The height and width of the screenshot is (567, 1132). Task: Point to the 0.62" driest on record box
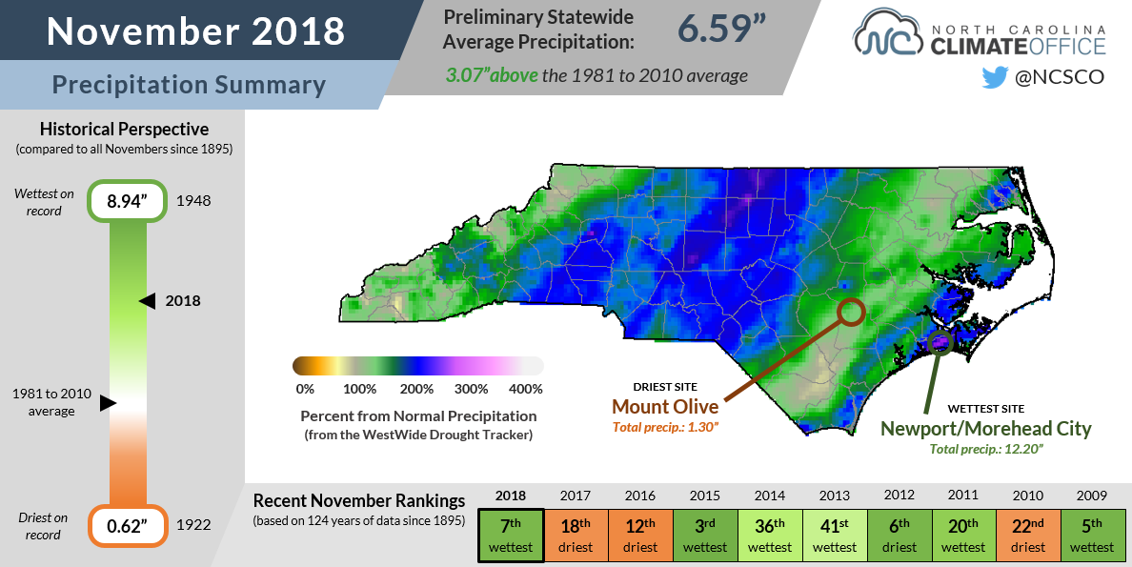(x=124, y=525)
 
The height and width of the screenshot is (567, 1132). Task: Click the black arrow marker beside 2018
(x=147, y=301)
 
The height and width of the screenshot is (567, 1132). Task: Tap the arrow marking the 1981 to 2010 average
(x=108, y=403)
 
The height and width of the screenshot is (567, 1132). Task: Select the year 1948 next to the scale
(x=193, y=202)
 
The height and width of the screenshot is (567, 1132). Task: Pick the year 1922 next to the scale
(x=193, y=525)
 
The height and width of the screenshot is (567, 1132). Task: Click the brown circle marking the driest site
(x=851, y=311)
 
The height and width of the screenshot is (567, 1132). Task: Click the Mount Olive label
(x=665, y=407)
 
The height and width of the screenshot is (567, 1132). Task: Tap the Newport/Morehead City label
(x=985, y=429)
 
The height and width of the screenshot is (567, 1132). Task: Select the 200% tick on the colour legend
(x=418, y=389)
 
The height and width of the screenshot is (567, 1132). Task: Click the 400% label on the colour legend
(x=526, y=389)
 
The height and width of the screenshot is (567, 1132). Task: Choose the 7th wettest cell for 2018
(x=511, y=537)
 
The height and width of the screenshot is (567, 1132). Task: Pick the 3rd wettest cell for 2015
(x=705, y=537)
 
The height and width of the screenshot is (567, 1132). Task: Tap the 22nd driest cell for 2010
(x=1028, y=537)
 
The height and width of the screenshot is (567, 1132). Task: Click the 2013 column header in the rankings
(x=834, y=496)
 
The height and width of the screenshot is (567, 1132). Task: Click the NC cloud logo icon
(x=887, y=34)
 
